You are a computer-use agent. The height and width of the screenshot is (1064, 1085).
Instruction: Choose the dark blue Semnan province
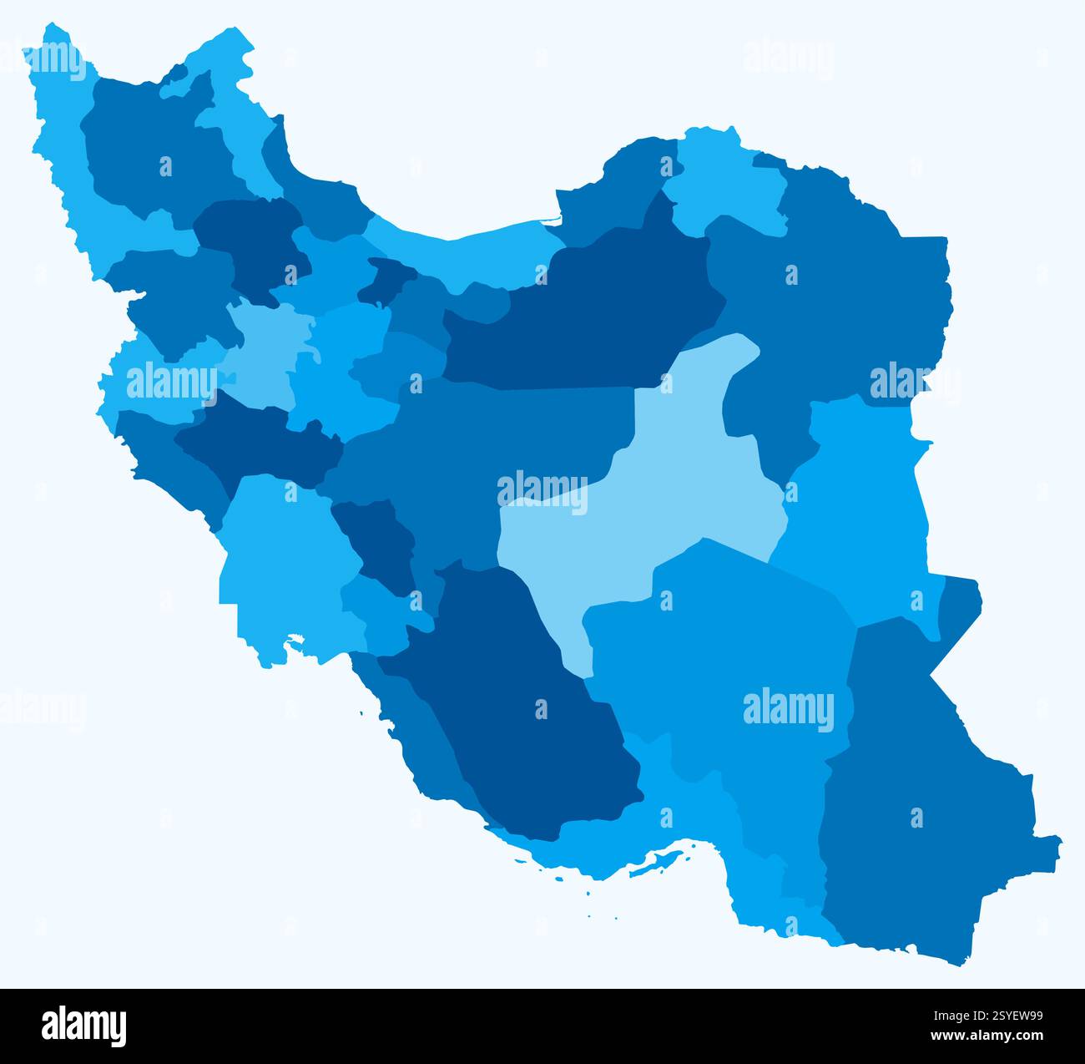584,326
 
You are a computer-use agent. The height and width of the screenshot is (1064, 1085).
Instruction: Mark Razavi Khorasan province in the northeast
835,292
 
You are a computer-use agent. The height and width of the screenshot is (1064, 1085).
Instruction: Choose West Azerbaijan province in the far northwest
67,167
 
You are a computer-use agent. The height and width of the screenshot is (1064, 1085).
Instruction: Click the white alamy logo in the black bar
84,1026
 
